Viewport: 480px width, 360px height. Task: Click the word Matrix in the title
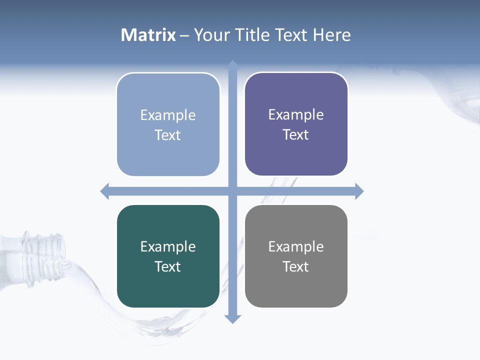pos(148,35)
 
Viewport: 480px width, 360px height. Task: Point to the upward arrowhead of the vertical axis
pos(232,64)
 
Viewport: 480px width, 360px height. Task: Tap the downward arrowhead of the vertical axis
pos(232,318)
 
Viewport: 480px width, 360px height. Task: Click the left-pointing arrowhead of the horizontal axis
pos(105,191)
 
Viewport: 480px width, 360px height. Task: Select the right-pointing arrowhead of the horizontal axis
pos(359,191)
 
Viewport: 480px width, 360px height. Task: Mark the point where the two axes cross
pos(232,191)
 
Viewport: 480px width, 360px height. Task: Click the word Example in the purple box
pos(296,114)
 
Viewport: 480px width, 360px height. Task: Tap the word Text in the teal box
pos(168,266)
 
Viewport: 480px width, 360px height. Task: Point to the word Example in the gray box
pos(296,246)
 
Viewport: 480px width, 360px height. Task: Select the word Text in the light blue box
pos(168,135)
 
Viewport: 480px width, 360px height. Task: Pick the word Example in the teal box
pos(168,246)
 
